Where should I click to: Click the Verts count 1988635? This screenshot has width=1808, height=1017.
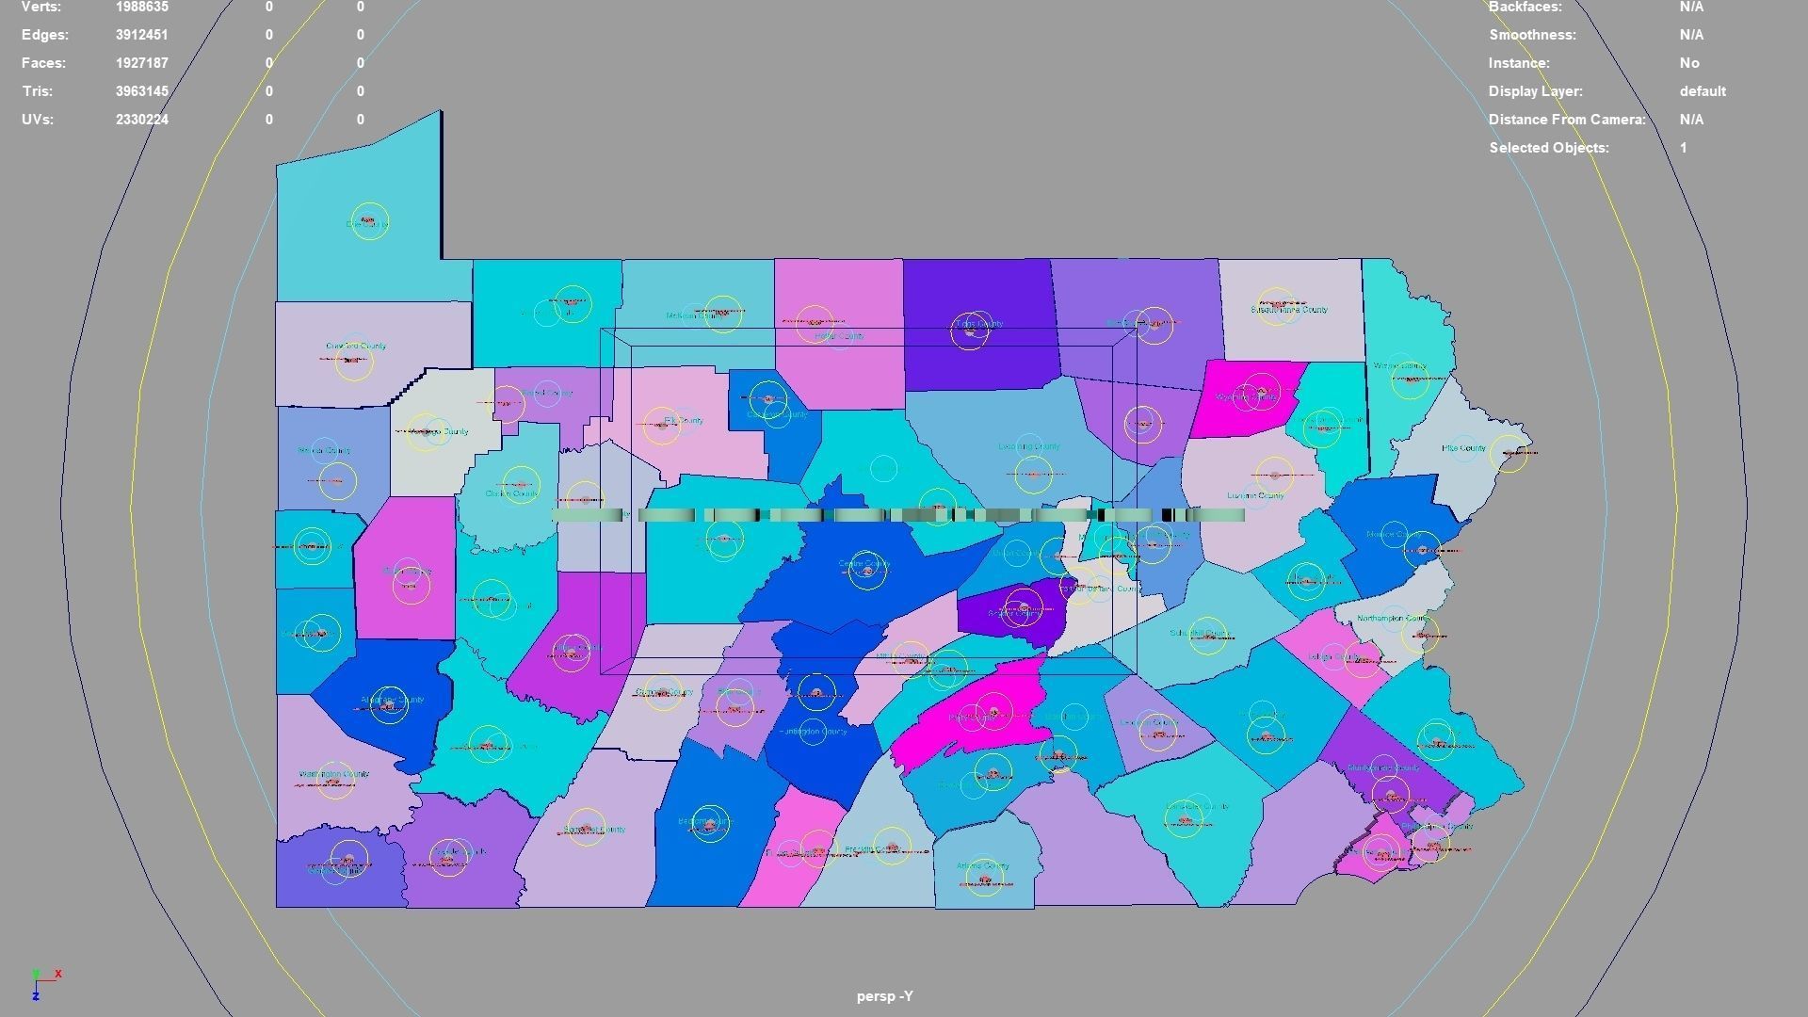click(142, 7)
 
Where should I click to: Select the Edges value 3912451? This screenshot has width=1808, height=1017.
click(142, 35)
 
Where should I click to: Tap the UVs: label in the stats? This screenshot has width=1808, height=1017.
click(38, 120)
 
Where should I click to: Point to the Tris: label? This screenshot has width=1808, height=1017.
click(38, 91)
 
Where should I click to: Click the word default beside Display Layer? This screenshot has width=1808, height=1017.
click(1703, 91)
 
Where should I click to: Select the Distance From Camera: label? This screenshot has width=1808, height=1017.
click(1567, 120)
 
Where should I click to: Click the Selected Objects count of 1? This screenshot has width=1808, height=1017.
click(1684, 148)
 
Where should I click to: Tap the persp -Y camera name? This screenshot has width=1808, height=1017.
click(884, 996)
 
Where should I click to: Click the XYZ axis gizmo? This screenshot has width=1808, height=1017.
click(42, 982)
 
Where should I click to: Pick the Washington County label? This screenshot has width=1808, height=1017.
click(334, 774)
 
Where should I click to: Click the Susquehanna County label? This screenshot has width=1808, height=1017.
click(1290, 309)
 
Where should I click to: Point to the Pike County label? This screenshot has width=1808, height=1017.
click(1463, 448)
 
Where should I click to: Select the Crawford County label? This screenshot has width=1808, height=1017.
click(356, 346)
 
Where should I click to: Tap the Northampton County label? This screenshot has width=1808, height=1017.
click(1394, 619)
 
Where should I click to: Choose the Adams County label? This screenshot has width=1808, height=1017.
click(982, 865)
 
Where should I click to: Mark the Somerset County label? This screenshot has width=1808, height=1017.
click(594, 830)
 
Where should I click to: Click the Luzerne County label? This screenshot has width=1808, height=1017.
click(1255, 495)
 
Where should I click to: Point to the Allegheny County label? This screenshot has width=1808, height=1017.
click(393, 700)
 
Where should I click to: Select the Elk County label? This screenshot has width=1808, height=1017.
click(684, 420)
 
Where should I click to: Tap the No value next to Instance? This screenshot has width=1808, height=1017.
click(1689, 63)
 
